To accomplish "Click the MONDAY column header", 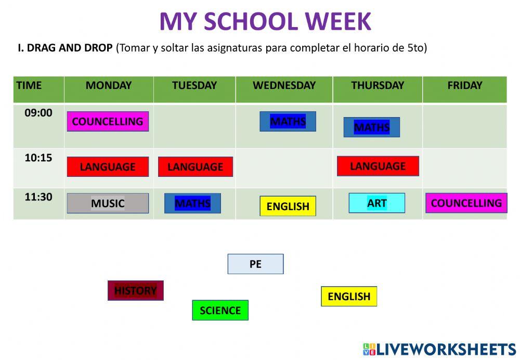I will pos(109,86).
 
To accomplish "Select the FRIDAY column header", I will pos(464,86).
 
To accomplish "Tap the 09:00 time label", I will pos(38,113).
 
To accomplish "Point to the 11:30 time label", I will pos(38,197).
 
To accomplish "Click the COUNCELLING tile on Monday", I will pos(108,121).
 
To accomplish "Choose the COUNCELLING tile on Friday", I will pos(466,203).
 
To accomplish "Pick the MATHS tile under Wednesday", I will pos(288,122).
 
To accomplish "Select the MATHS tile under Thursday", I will pos(371,127).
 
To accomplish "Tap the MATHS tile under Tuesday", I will pos(192,203).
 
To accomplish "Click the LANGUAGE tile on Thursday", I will pos(378,166).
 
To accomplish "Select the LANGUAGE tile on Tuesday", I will pos(195,167).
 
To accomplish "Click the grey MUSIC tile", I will pos(108,203).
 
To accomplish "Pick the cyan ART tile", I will pos(376,203).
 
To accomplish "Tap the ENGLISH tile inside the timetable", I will pos(288,206).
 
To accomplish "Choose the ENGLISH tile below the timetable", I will pos(349,297).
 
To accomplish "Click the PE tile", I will pos(255,264).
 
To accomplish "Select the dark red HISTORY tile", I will pos(135,291).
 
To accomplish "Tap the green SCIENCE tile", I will pos(220,311).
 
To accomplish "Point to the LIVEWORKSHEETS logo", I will pos(439,349).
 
